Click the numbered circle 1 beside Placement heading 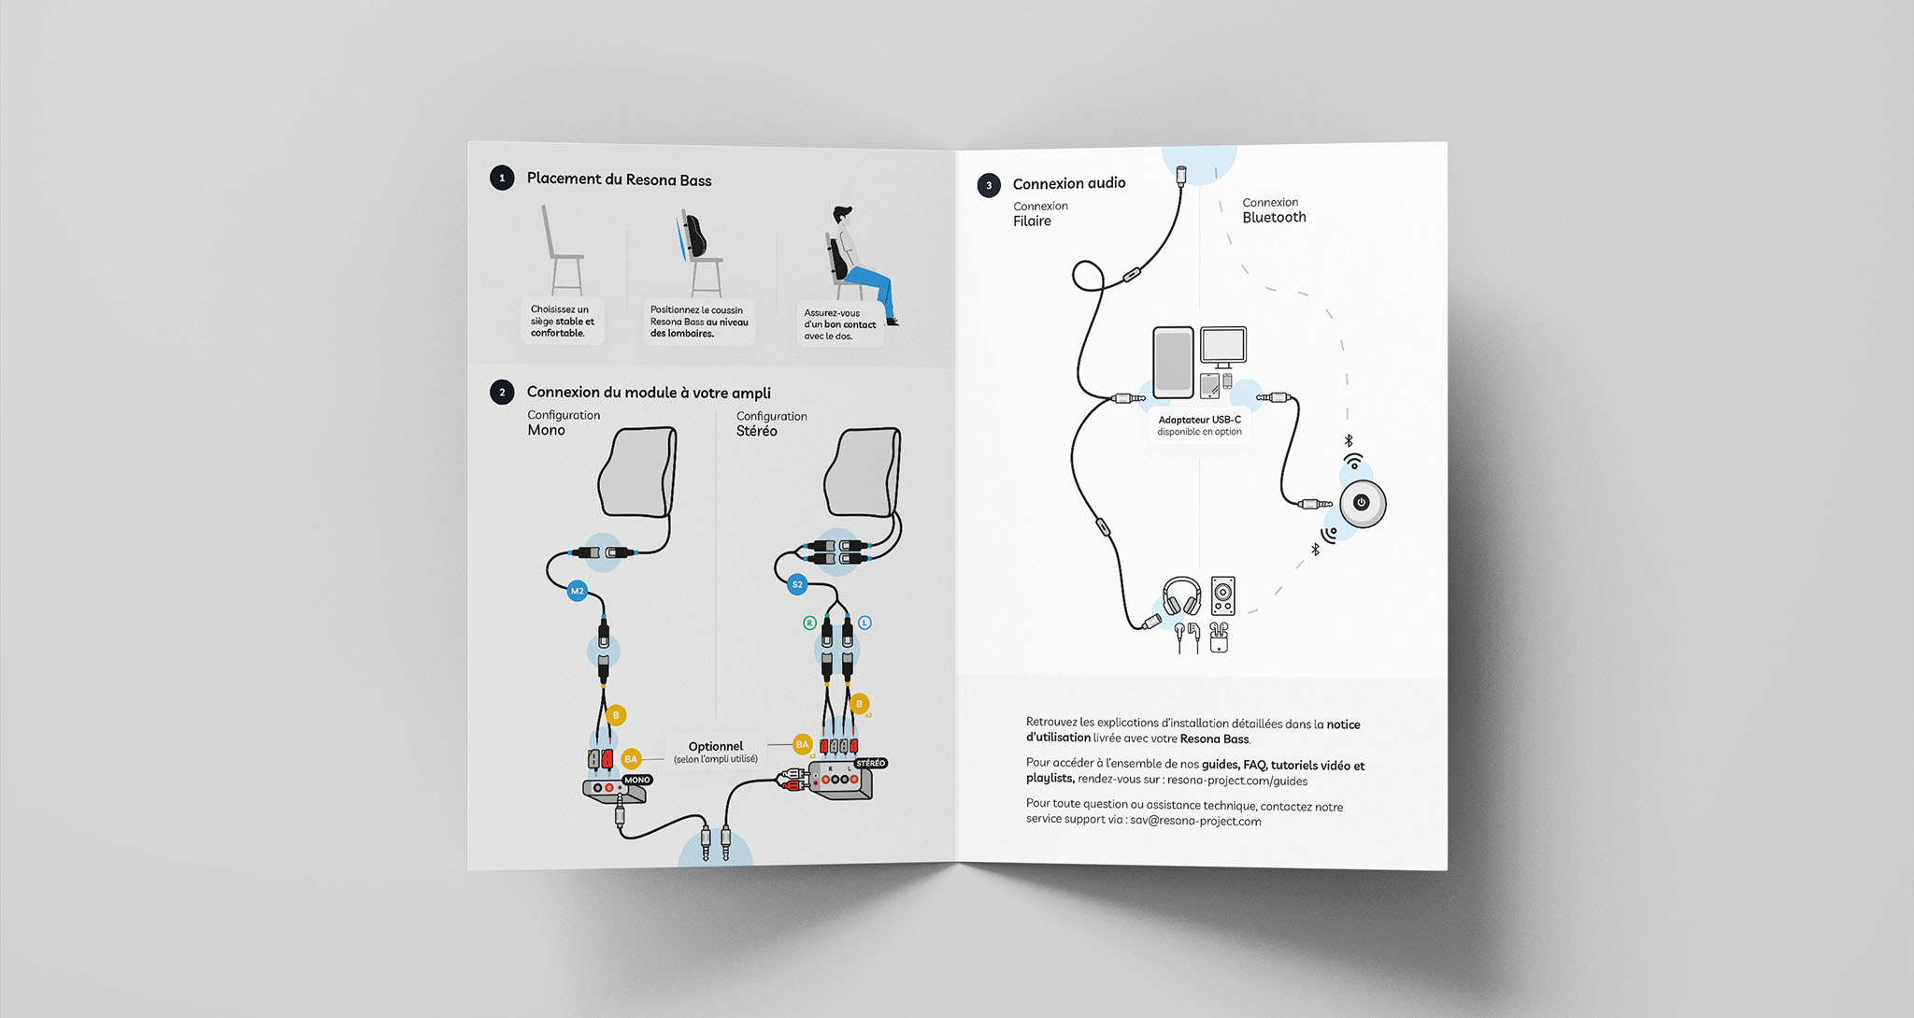tap(502, 178)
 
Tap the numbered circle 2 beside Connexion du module tap(502, 392)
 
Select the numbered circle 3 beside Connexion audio tap(989, 185)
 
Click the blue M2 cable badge tap(578, 591)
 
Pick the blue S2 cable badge tap(797, 585)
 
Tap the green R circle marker tap(809, 623)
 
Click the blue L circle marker tap(864, 623)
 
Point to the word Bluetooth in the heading tap(1274, 218)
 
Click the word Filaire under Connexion tap(1032, 222)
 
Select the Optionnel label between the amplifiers tap(716, 747)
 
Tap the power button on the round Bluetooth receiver tap(1362, 503)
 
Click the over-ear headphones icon tap(1182, 596)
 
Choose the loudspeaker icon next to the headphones tap(1222, 595)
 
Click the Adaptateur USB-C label tap(1199, 421)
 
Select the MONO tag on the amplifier tap(637, 780)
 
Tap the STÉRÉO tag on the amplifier tap(870, 764)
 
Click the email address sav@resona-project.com tap(1195, 822)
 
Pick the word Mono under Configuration tap(546, 431)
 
